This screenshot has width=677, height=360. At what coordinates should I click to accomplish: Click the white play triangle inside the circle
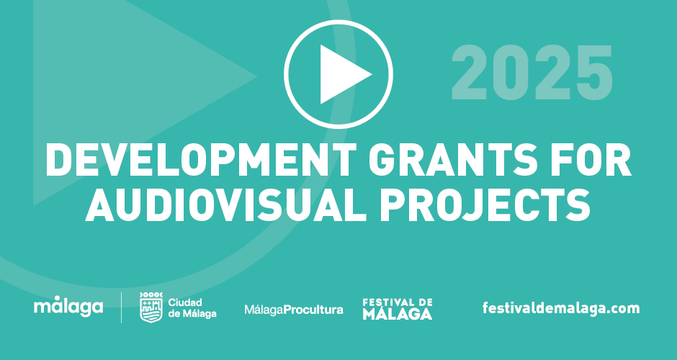tap(341, 74)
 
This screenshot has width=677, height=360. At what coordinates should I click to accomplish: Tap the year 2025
tap(532, 73)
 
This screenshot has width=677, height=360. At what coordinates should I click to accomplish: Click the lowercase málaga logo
tap(68, 307)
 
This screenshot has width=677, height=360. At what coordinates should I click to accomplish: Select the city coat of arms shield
tap(151, 307)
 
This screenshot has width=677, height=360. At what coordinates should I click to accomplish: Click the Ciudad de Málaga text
tap(192, 307)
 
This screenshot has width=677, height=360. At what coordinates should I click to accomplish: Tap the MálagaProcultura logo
tap(294, 310)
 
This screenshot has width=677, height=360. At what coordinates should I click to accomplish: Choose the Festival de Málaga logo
tap(398, 309)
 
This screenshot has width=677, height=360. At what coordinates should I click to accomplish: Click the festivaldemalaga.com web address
tap(561, 308)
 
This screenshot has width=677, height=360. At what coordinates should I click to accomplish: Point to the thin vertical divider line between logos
tap(121, 307)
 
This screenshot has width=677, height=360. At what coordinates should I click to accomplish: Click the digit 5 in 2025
tap(594, 73)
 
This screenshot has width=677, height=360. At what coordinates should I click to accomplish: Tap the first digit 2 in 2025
tap(470, 73)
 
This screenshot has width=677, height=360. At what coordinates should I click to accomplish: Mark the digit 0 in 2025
tap(511, 73)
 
